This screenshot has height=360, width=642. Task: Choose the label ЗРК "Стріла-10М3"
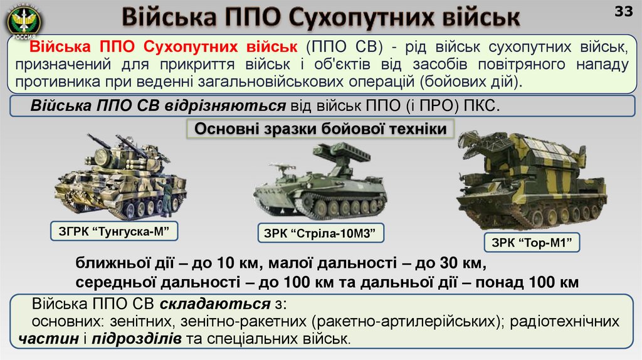[x=320, y=234]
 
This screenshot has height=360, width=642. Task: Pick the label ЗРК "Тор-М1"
[x=532, y=243]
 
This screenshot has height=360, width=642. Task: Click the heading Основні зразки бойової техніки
[x=320, y=130]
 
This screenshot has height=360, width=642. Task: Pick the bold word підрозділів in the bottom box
[x=137, y=339]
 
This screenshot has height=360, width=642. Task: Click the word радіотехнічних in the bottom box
[x=565, y=322]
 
